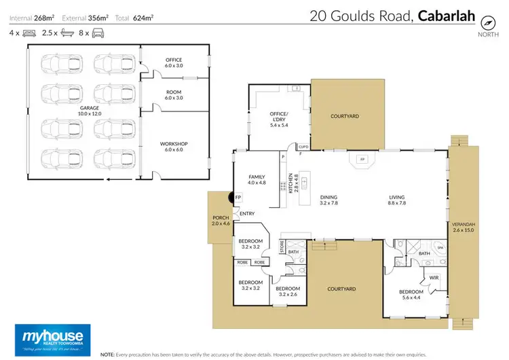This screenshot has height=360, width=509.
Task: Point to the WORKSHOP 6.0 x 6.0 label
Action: [173, 147]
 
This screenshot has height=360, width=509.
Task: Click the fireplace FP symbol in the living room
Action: [362, 160]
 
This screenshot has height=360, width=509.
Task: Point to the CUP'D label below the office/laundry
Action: [303, 147]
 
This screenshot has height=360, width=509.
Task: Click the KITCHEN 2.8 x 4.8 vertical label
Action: [291, 184]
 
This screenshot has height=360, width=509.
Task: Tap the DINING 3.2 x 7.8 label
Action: [328, 200]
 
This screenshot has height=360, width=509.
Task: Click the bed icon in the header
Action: [29, 32]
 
